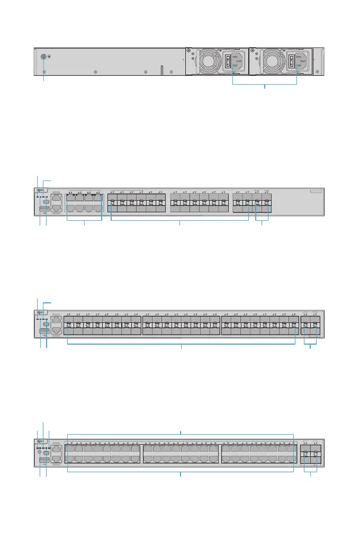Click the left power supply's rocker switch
click(229, 62)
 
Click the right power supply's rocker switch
click(291, 62)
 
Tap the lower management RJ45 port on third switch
click(56, 331)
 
